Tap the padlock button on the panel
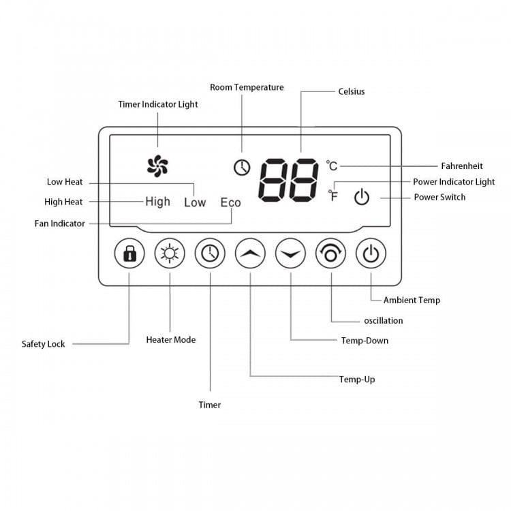click(129, 253)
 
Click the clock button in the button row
click(210, 253)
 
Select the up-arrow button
click(250, 253)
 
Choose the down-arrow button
click(290, 253)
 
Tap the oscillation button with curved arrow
click(330, 253)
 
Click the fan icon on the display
click(157, 166)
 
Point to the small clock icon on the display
click(242, 168)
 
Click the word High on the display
click(158, 202)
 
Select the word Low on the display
click(195, 202)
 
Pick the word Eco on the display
click(231, 202)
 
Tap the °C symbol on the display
click(332, 166)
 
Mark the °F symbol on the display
click(333, 196)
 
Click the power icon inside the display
click(362, 196)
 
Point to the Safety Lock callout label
click(44, 344)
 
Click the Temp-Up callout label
click(357, 380)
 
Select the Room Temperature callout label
click(247, 87)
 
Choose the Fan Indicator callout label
click(60, 223)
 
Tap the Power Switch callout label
click(439, 197)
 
